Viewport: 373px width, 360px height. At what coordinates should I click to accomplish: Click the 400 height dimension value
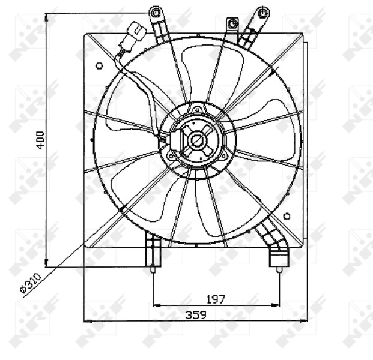39,142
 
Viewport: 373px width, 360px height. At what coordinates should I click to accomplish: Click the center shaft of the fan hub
196,141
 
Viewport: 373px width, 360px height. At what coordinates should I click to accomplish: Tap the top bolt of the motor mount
197,110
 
